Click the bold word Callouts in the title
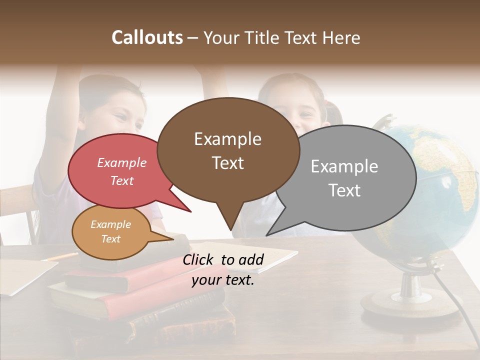click(147, 37)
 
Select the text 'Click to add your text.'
click(223, 269)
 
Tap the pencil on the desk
click(60, 257)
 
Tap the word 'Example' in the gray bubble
click(344, 166)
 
